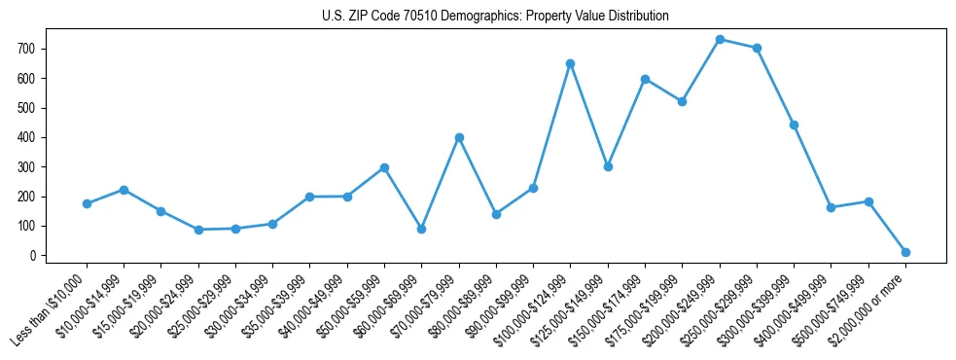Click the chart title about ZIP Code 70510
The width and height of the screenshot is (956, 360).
[495, 17]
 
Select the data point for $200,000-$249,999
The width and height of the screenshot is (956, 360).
[720, 40]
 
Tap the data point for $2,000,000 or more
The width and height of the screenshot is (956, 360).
[905, 252]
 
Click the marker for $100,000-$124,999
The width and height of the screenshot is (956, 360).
[571, 63]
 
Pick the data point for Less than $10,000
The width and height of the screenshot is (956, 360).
[87, 203]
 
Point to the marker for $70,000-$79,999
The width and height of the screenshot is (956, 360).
[459, 137]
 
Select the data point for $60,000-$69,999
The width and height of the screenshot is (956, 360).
[421, 229]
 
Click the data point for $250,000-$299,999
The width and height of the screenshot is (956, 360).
[757, 48]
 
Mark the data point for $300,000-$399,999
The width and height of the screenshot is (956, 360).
[794, 125]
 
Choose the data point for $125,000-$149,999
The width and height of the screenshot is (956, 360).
[608, 166]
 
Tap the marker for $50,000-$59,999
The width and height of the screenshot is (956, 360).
[384, 167]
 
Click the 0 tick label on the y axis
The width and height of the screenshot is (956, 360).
[34, 256]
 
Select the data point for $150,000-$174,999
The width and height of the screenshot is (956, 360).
[645, 79]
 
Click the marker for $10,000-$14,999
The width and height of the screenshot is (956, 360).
[124, 190]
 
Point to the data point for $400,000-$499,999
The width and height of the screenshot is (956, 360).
[831, 207]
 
